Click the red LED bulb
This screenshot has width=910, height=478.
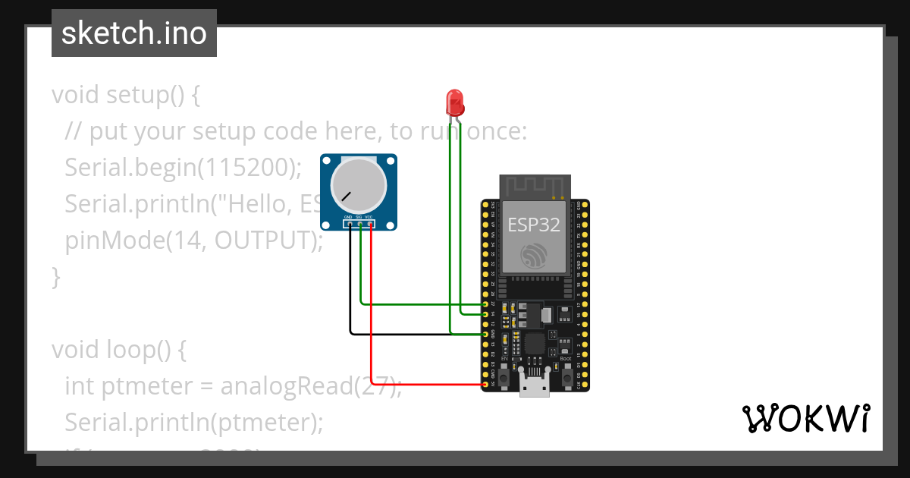point(454,102)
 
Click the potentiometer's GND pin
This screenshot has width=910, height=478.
point(349,225)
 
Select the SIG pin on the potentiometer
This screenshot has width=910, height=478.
point(360,225)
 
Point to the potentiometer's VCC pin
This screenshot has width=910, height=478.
point(371,225)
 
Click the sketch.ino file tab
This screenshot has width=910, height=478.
point(134,33)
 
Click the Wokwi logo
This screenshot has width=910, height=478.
point(805,418)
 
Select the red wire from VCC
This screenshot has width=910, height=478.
point(371,319)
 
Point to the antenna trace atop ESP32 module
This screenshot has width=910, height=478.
point(535,185)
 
